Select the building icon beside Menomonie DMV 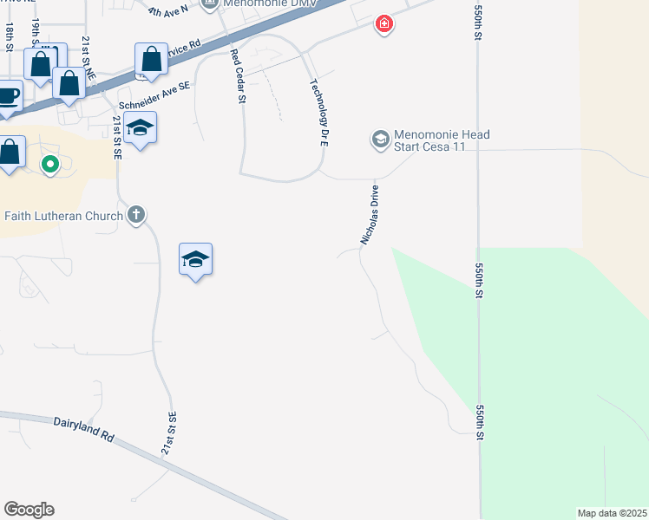209,5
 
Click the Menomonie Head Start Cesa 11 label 442,140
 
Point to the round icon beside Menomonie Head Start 380,139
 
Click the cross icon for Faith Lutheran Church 135,214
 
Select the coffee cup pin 8,96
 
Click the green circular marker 50,163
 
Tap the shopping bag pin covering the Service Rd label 151,61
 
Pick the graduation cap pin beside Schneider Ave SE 140,128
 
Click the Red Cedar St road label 236,75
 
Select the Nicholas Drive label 370,213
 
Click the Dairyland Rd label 84,430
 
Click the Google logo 29,510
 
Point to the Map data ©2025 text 611,513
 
